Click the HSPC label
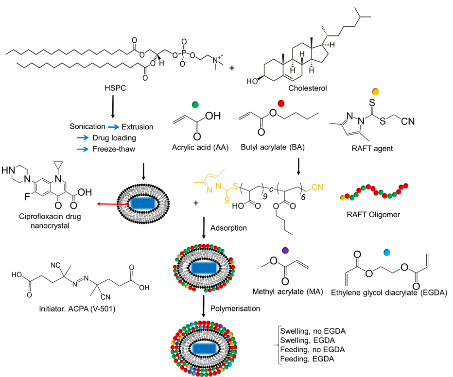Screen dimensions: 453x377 pyautogui.click(x=115, y=88)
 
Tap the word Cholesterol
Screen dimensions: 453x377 pyautogui.click(x=307, y=88)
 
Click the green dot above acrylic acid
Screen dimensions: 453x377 pyautogui.click(x=195, y=104)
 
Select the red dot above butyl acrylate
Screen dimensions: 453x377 pyautogui.click(x=281, y=103)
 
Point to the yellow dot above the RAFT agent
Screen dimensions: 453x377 pyautogui.click(x=375, y=91)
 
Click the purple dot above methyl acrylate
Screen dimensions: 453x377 pyautogui.click(x=285, y=250)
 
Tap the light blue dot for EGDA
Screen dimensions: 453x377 pyautogui.click(x=386, y=253)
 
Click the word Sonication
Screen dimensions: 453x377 pyautogui.click(x=87, y=126)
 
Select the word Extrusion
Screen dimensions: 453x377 pyautogui.click(x=137, y=127)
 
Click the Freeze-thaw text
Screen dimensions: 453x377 pyautogui.click(x=114, y=149)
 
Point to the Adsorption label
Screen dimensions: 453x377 pyautogui.click(x=228, y=228)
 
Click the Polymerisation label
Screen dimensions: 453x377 pyautogui.click(x=235, y=308)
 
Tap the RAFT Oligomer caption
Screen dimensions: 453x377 pyautogui.click(x=373, y=214)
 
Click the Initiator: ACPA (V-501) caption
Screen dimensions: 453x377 pyautogui.click(x=77, y=309)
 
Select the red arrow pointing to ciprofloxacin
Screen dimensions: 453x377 pyautogui.click(x=113, y=204)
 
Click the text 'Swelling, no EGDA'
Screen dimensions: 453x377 pyautogui.click(x=313, y=331)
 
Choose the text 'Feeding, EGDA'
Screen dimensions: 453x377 pyautogui.click(x=307, y=359)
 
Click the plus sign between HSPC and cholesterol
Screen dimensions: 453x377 pyautogui.click(x=232, y=68)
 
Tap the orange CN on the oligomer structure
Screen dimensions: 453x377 pyautogui.click(x=317, y=187)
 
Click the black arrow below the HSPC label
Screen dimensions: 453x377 pyautogui.click(x=113, y=106)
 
